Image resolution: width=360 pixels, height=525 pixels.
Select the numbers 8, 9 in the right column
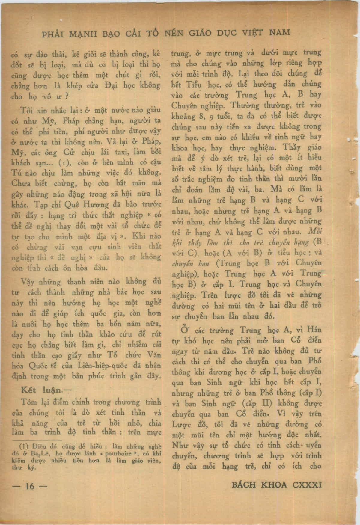click(x=203, y=116)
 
